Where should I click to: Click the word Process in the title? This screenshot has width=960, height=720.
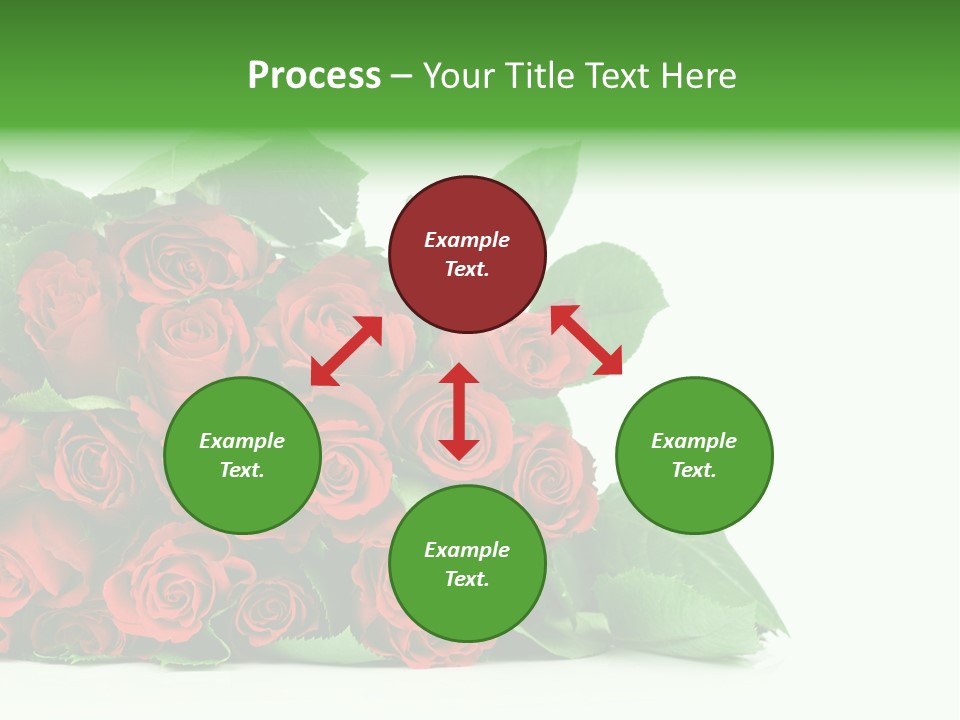coord(314,76)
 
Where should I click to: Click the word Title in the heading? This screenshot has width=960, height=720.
coord(538,76)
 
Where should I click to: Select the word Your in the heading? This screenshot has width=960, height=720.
coord(459,76)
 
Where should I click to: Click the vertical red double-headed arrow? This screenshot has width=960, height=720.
coord(459,411)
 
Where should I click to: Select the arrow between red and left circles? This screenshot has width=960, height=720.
coord(346,351)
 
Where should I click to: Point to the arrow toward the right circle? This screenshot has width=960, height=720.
coord(586,340)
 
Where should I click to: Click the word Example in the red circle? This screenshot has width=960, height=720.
coord(467,240)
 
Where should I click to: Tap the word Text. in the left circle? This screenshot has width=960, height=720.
coord(242,470)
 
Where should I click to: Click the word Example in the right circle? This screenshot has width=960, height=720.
coord(694,441)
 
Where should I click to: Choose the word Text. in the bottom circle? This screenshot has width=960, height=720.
coord(467,579)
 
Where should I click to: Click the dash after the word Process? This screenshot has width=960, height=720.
coord(402,77)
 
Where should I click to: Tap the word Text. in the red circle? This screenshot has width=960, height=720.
coord(467,269)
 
